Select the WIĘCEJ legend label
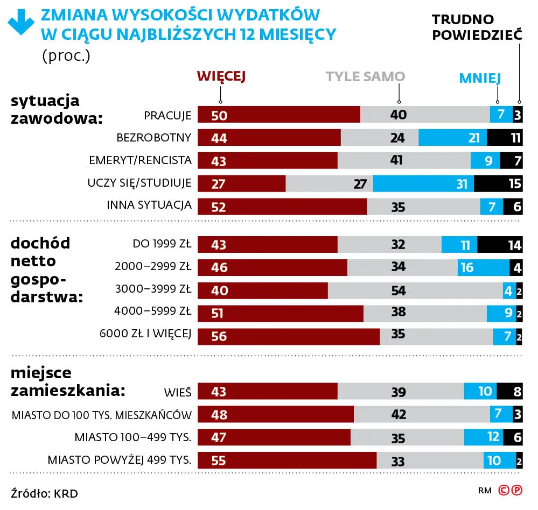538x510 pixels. coord(221,77)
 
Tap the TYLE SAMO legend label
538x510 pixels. coord(365,77)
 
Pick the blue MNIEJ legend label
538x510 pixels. coord(480,79)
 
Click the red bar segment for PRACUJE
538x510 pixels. coord(279,115)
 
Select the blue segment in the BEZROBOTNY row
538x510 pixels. coord(453,138)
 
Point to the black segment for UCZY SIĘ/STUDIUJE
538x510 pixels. coord(498,183)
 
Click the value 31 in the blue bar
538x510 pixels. coord(462,184)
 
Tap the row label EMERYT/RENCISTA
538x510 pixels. coord(140,160)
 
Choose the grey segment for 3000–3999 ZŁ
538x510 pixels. coord(415,291)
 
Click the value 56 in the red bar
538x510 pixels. coord(219,336)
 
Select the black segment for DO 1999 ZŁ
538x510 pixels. coord(500,245)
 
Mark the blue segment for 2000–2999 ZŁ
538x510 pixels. coord(484,268)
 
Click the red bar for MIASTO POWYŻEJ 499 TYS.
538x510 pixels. coord(287,461)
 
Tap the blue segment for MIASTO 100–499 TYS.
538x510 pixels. coord(484,437)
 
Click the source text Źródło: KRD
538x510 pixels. coord(40,493)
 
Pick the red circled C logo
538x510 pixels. coord(504,490)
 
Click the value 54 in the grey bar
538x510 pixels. coord(399,291)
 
